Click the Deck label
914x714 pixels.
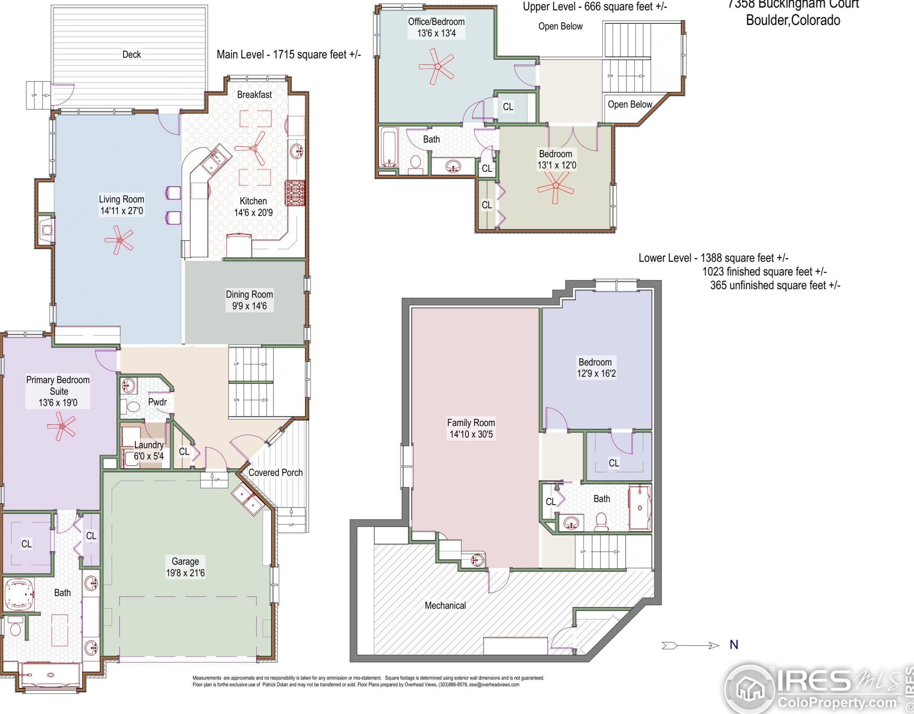(131, 55)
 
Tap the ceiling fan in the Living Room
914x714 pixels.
(119, 240)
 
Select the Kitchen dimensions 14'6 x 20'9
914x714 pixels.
(253, 212)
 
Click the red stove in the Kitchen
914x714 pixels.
(295, 193)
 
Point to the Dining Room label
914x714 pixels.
(250, 294)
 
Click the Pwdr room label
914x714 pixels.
(158, 402)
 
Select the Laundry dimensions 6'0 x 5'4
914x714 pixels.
(149, 456)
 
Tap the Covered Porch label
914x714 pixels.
(275, 472)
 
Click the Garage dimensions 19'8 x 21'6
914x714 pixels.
(185, 573)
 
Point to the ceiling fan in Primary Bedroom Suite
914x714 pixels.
(61, 426)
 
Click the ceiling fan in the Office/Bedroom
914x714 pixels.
(437, 66)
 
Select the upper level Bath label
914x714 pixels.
(431, 139)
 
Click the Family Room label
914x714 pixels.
(471, 423)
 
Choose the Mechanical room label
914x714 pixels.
(445, 606)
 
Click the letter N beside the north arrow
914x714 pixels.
(733, 645)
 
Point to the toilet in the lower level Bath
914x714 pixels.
(601, 522)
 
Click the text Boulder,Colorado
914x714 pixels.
(793, 20)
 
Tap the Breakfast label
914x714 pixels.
(254, 94)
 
